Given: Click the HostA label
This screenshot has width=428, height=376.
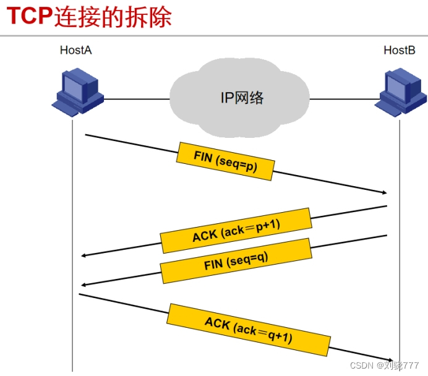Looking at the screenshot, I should [x=76, y=50].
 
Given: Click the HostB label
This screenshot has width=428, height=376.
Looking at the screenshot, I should [x=400, y=50].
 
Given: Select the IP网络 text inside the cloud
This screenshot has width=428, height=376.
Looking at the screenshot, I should [x=242, y=97].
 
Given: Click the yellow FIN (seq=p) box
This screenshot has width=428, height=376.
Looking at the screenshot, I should [x=226, y=161].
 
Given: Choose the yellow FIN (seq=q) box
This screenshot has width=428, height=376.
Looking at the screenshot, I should [x=236, y=260].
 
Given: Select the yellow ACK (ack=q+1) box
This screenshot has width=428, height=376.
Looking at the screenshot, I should [x=249, y=330].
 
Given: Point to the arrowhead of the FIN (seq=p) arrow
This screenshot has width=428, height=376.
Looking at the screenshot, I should [x=383, y=193].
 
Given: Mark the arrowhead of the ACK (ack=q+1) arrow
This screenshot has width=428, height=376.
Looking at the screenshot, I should [x=390, y=359].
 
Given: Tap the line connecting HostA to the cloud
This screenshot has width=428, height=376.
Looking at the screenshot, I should [x=136, y=98].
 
